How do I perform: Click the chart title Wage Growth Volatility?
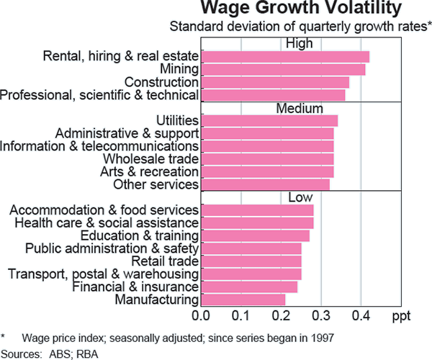[x=300, y=9]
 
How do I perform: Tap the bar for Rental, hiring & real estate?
[x=285, y=56]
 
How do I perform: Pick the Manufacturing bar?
[x=243, y=300]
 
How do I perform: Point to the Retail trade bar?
[x=251, y=261]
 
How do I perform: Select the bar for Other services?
[x=265, y=185]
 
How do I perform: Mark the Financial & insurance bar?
[x=249, y=287]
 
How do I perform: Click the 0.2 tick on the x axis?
[x=282, y=315]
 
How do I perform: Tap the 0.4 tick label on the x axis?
[x=361, y=315]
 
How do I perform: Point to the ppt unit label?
[x=402, y=316]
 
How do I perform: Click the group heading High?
[x=300, y=43]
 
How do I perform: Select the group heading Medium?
[x=300, y=108]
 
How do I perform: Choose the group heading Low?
[x=300, y=197]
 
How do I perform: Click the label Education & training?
[x=140, y=235]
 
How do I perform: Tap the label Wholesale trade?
[x=151, y=158]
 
